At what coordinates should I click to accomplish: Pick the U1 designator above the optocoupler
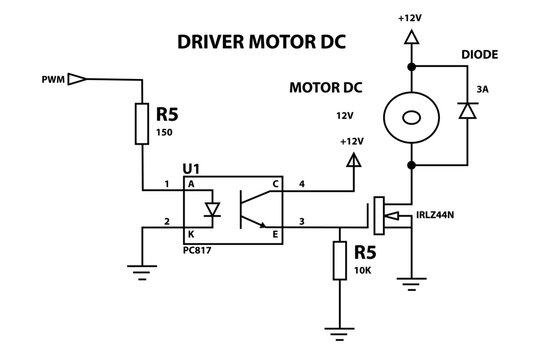tap(192, 169)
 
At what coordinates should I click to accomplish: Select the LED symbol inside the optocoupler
tap(211, 210)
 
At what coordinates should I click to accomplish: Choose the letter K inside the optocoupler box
tap(190, 236)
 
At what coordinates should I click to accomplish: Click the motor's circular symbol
tap(410, 119)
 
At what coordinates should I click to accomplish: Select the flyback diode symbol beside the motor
tap(465, 111)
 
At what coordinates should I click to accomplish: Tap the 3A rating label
tap(483, 89)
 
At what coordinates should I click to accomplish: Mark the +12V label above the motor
tap(409, 18)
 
